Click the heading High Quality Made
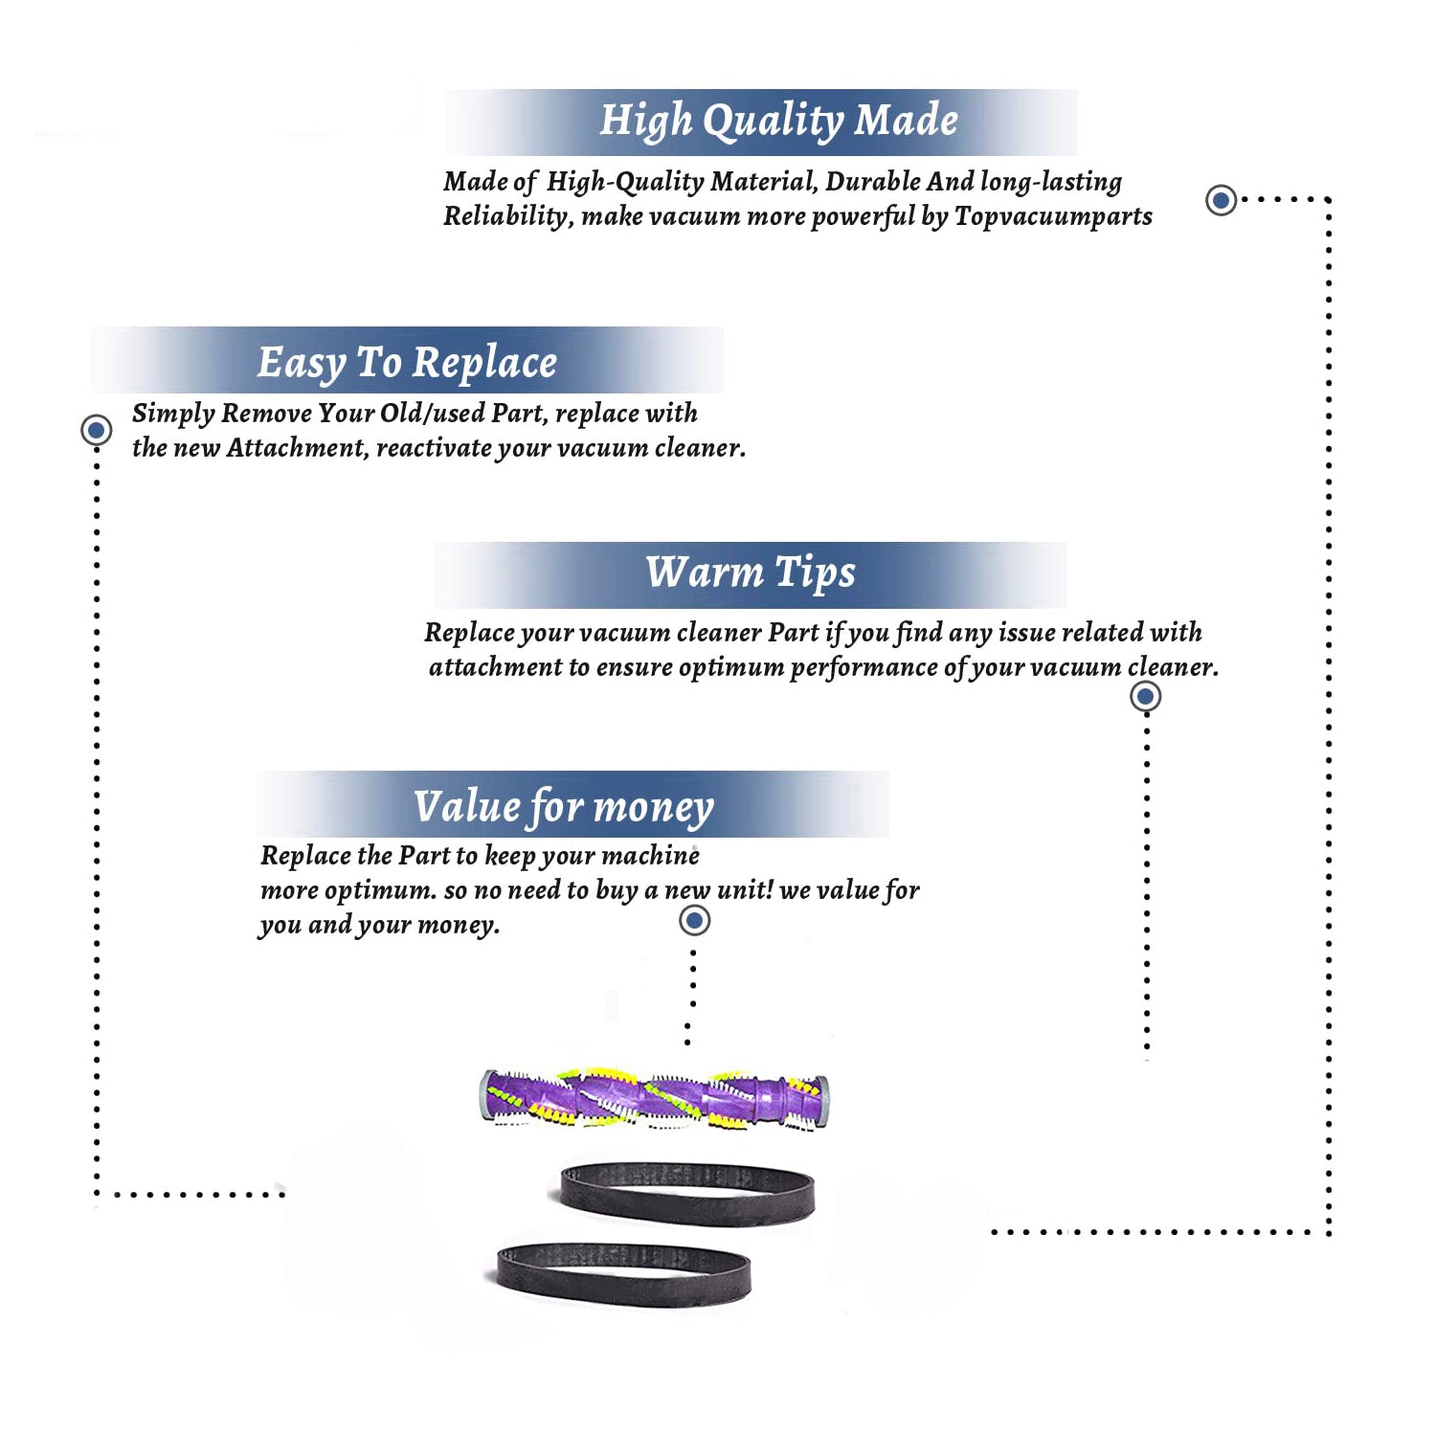(x=778, y=122)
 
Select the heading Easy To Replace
(x=407, y=363)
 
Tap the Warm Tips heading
(x=750, y=572)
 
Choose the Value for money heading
(x=564, y=807)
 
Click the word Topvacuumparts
(x=1053, y=216)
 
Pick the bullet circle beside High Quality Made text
(x=1221, y=200)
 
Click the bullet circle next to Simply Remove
(x=96, y=430)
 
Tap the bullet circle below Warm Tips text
(x=1146, y=696)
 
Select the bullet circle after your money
(x=694, y=921)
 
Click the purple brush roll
(x=654, y=1098)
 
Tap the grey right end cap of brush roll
(x=822, y=1101)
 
